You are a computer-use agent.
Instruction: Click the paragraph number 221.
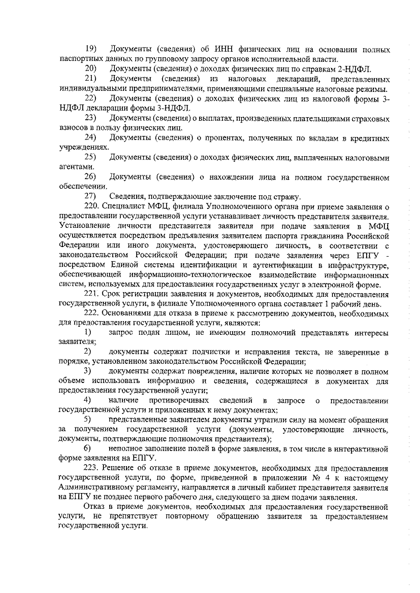coord(92,294)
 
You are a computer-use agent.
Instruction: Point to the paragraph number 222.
coord(92,313)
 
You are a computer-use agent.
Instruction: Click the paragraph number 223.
coord(92,468)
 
